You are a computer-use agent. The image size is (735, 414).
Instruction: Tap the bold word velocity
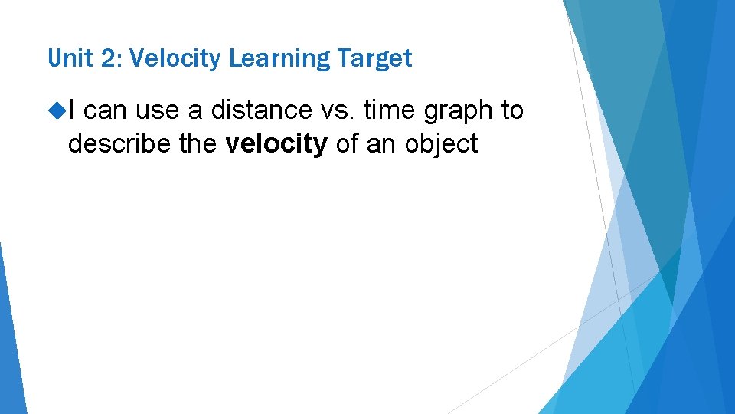coord(277,144)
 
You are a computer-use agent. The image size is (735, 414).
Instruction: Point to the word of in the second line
coord(348,143)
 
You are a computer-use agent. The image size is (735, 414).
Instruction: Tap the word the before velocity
coord(201,143)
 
